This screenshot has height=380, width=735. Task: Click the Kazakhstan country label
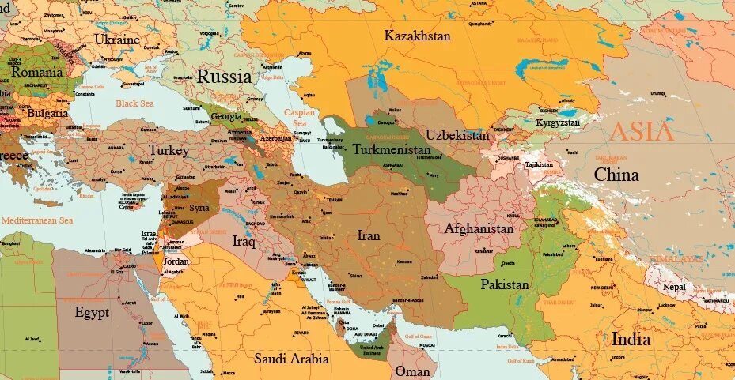417,36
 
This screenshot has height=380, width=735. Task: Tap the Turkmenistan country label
392,149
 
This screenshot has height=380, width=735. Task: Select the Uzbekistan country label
457,135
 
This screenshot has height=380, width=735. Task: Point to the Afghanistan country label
479,228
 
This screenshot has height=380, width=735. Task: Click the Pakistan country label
505,284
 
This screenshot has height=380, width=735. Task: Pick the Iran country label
369,235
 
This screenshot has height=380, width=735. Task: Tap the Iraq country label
244,241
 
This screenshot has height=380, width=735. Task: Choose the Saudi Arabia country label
291,359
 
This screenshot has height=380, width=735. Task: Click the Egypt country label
92,311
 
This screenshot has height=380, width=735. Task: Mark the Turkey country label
169,150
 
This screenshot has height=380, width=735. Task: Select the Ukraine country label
117,39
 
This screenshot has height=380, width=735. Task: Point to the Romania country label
36,72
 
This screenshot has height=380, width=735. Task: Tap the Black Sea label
135,103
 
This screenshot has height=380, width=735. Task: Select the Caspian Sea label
299,118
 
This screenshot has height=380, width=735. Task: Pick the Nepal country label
674,287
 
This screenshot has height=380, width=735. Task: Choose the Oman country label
412,371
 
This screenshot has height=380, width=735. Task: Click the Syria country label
199,208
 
